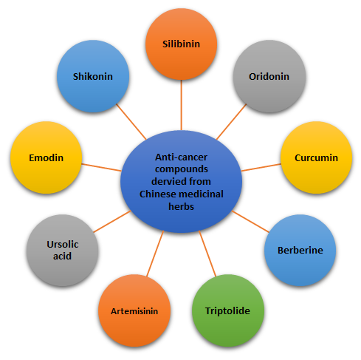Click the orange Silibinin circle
pos(181,44)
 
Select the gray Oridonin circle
pos(269,76)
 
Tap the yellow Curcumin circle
pos(316,157)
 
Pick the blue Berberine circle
pos(300,251)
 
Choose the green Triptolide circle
pos(228,310)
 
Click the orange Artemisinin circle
pos(134,310)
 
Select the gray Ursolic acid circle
pos(63,251)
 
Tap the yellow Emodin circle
pos(46,157)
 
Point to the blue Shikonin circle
pos(93,76)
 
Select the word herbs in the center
pos(181,206)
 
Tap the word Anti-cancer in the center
pos(181,157)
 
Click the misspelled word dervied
pos(166,181)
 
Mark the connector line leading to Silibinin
pos(182,105)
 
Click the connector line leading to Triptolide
pos(207,254)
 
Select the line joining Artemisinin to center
pos(155,254)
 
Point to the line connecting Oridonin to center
pos(232,121)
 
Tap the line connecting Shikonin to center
pos(131,121)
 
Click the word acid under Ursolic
pos(62,257)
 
